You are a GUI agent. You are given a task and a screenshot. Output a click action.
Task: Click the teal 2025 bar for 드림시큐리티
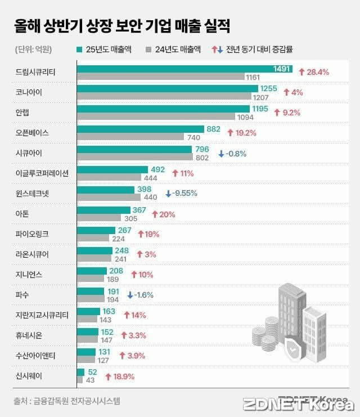169,69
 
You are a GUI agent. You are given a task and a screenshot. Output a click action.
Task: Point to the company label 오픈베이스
33,133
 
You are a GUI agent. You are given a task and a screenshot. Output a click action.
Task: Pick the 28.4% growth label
313,72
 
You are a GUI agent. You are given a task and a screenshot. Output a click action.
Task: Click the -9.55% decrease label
181,193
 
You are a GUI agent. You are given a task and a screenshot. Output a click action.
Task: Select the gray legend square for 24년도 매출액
148,50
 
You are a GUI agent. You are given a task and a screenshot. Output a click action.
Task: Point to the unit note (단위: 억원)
33,50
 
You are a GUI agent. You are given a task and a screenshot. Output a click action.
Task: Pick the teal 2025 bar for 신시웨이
80,372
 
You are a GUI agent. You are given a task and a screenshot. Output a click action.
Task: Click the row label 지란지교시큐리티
43,315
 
